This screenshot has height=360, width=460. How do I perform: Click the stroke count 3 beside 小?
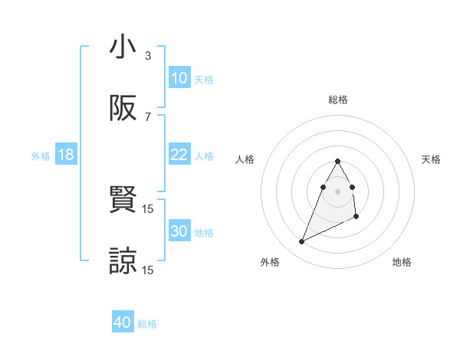[148, 56]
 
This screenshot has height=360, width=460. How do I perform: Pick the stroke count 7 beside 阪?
[148, 117]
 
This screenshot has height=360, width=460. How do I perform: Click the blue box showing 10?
[179, 78]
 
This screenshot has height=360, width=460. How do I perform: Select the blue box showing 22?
[179, 155]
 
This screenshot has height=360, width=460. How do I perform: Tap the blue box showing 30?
[179, 231]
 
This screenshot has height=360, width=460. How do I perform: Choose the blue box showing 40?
[123, 322]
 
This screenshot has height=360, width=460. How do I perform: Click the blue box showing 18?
[66, 155]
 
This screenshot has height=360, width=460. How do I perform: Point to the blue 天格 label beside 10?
[204, 79]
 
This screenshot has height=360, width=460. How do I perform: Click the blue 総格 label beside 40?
[147, 324]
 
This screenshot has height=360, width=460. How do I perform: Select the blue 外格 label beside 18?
[41, 155]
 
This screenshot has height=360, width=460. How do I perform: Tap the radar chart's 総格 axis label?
[338, 100]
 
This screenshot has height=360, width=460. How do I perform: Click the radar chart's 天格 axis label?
[432, 159]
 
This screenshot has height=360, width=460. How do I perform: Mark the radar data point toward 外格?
[301, 242]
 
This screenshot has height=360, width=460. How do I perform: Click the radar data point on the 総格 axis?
[337, 161]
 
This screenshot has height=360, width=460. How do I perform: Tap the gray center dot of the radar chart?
[337, 191]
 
